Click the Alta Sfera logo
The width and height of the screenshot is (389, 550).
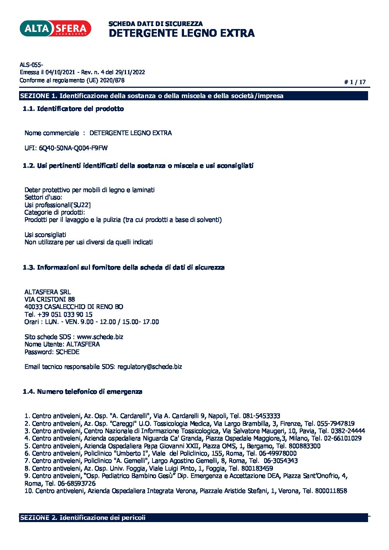[55, 29]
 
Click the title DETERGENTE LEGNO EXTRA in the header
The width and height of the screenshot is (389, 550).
[181, 33]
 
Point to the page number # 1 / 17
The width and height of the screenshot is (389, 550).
[355, 82]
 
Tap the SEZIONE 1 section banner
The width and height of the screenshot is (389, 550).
[194, 96]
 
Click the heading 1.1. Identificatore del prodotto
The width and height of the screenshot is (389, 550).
[73, 109]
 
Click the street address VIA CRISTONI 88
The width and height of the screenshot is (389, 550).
[50, 299]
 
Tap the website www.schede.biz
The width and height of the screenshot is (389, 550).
[100, 337]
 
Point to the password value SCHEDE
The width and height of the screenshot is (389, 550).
[68, 352]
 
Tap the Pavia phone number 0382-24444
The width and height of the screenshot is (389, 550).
[348, 431]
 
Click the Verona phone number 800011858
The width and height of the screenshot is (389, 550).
[331, 491]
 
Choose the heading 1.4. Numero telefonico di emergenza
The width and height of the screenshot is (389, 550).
[82, 392]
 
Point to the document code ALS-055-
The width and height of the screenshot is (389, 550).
[31, 65]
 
